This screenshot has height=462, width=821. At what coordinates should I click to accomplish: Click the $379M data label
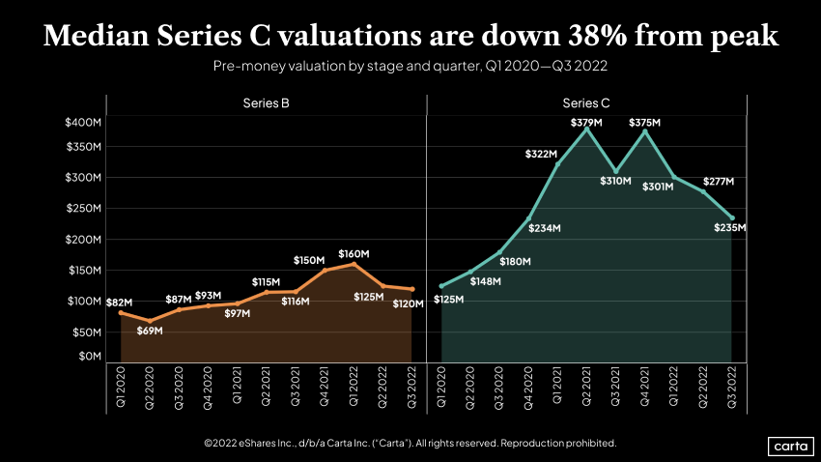click(585, 123)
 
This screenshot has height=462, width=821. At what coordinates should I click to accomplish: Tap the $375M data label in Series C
click(644, 123)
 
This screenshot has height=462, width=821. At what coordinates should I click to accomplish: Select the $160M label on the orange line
click(354, 254)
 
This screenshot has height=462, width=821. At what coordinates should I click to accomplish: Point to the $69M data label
click(150, 331)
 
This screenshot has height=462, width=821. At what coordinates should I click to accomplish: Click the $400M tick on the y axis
click(82, 122)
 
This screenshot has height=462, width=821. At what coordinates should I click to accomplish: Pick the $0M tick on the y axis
click(88, 357)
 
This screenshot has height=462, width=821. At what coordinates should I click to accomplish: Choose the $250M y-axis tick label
click(82, 209)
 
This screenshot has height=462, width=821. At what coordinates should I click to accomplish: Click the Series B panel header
click(266, 102)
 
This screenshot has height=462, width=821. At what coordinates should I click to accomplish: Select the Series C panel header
click(586, 102)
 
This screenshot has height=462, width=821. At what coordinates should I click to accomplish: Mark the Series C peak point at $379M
click(586, 129)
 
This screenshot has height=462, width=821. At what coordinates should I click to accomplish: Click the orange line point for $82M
click(121, 312)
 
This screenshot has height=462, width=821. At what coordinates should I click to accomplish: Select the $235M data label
click(730, 228)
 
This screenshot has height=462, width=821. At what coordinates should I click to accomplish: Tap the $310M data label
click(615, 182)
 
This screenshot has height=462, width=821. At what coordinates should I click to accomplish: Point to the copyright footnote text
click(410, 443)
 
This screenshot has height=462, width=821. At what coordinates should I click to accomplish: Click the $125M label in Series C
click(447, 300)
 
